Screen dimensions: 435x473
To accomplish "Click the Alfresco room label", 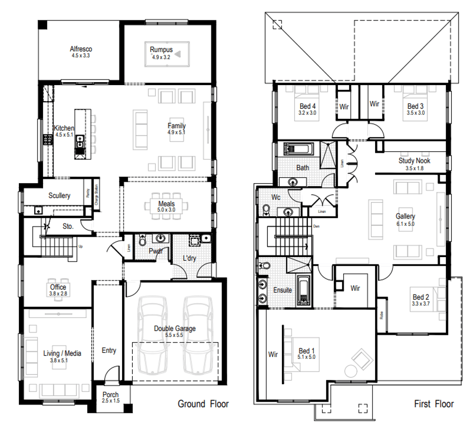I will [81, 49].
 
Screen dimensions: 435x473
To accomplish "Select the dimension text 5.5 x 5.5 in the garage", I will [174, 335].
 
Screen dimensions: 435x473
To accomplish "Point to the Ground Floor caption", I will [203, 404].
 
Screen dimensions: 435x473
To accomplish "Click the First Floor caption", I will [433, 404].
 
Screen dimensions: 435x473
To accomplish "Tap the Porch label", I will [111, 394].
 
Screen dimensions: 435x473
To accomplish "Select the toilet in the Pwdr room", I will [142, 241].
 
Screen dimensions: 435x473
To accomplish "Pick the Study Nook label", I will [414, 160].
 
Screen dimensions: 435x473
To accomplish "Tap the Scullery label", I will [59, 195].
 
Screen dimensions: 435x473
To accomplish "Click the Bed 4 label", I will [308, 106].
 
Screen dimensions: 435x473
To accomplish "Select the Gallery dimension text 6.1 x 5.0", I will [405, 224].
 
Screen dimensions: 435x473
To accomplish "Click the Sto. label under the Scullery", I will [69, 226].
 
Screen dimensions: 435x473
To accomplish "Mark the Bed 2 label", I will [420, 297].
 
